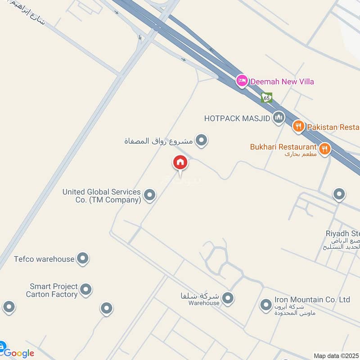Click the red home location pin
click(x=180, y=162)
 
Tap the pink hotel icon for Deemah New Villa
click(x=242, y=81)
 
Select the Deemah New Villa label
click(x=282, y=81)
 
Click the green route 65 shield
click(x=267, y=97)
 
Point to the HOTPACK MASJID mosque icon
click(x=279, y=118)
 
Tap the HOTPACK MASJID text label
click(x=237, y=118)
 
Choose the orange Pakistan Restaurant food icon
click(x=298, y=126)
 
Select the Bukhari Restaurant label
click(x=283, y=147)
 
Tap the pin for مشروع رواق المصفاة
click(x=202, y=141)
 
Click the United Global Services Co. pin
click(x=150, y=195)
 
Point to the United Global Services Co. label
click(x=102, y=196)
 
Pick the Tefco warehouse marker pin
click(x=82, y=258)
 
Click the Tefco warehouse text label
click(x=44, y=259)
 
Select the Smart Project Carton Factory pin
click(x=85, y=289)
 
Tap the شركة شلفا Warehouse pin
click(x=229, y=297)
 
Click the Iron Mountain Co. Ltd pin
click(x=265, y=305)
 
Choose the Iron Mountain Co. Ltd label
click(x=312, y=300)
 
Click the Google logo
click(x=19, y=353)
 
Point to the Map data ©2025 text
click(x=336, y=356)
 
